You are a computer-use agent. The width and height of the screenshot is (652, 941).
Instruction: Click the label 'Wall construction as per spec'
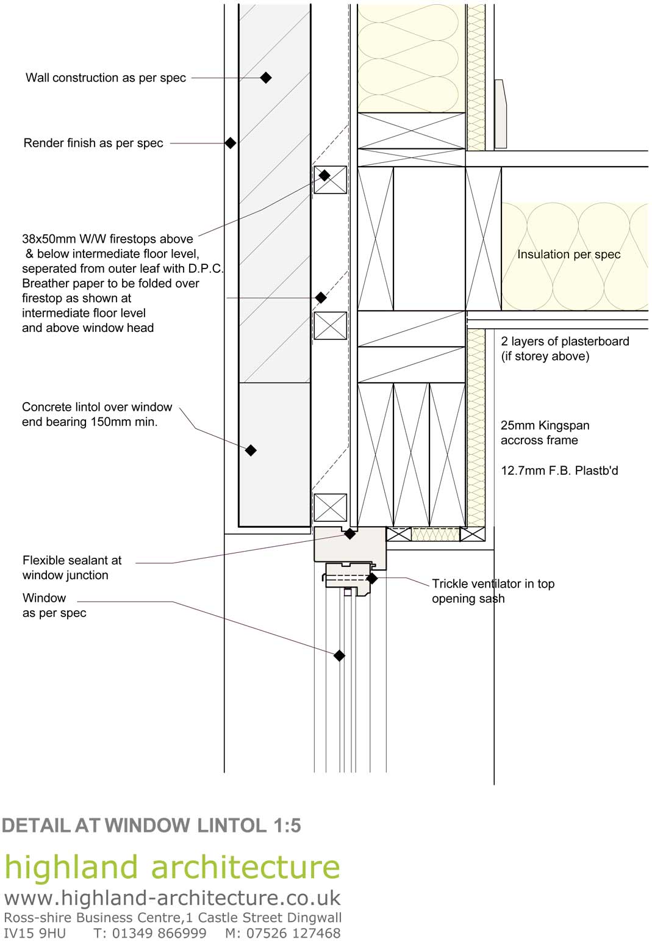pos(106,78)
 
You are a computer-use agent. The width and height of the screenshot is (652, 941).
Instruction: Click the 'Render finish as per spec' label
pos(93,143)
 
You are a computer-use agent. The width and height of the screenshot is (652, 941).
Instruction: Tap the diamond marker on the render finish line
pos(230,143)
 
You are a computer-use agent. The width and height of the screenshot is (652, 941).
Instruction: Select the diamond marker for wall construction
pos(266,78)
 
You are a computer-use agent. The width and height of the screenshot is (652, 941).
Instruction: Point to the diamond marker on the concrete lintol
pos(251,450)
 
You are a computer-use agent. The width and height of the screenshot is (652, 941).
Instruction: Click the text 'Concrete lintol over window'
pos(97,407)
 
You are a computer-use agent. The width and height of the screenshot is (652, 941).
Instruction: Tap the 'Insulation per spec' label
pos(568,254)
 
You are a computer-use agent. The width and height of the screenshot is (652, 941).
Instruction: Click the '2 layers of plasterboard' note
pos(565,341)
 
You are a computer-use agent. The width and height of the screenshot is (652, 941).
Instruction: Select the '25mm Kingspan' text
pos(545,425)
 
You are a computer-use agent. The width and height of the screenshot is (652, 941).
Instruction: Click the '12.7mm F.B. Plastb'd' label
pos(559,471)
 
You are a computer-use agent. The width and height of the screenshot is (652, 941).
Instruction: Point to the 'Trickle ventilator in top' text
pos(493,584)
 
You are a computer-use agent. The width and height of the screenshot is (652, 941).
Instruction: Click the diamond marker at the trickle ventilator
pos(371,578)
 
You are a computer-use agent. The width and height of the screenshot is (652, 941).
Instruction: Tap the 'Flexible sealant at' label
pos(72,560)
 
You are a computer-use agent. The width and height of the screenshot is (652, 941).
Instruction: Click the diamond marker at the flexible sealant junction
pos(349,534)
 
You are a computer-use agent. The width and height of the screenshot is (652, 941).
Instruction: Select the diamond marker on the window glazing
pos(339,655)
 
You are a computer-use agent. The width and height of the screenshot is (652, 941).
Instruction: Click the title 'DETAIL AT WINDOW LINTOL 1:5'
pos(151,826)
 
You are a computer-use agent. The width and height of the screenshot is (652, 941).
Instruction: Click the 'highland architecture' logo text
pos(172,867)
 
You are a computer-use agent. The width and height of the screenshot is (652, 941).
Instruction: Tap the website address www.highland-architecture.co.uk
pos(172,898)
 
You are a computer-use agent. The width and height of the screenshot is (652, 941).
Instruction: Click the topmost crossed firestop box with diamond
pos(330,179)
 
